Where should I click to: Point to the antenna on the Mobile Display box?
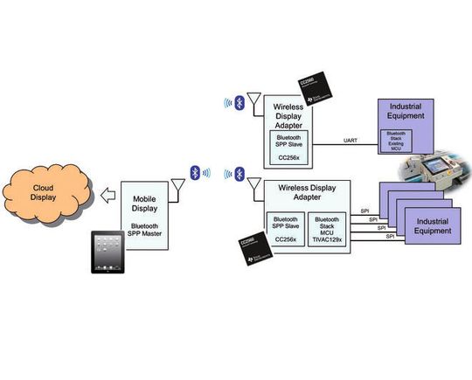coord(177,185)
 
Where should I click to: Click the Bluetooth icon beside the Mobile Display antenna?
coord(195,172)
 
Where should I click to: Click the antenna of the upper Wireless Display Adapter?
coord(253,105)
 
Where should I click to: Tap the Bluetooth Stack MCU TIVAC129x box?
coord(328,229)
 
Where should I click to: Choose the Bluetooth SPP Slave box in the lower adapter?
coord(284,229)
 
